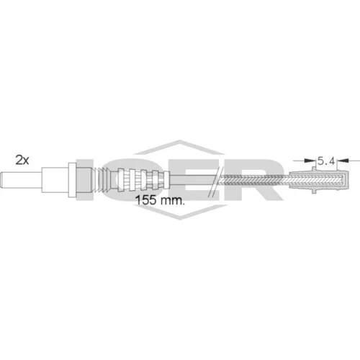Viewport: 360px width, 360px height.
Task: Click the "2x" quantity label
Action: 22,160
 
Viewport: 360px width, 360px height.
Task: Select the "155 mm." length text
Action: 160,200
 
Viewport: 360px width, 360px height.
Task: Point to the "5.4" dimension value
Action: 326,161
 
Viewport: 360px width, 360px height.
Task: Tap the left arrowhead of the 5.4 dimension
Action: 310,160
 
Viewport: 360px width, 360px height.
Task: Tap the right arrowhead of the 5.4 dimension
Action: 342,160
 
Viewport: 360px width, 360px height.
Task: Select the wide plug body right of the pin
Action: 55,180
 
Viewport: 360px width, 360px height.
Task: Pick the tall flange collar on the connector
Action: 72,180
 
